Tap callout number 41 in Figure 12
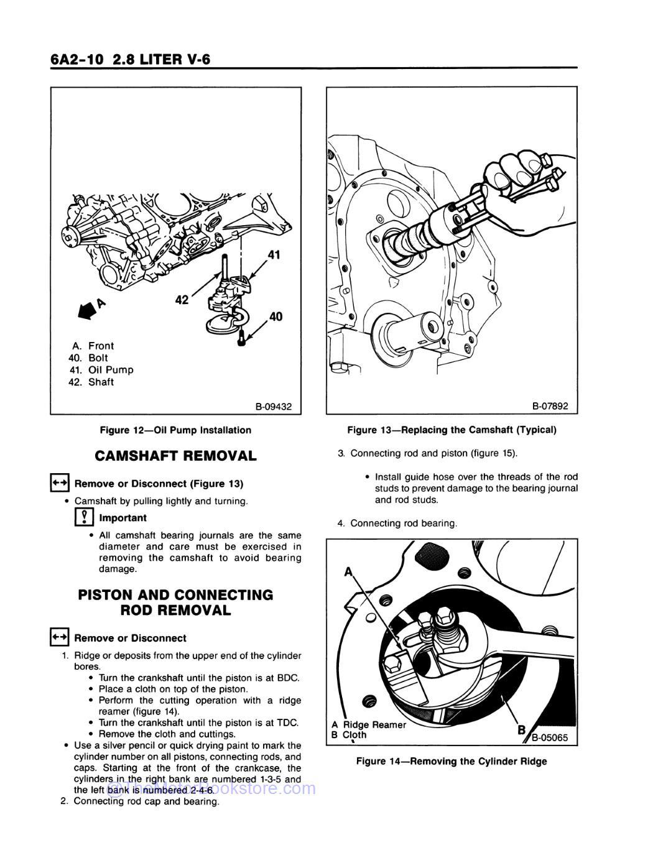[274, 254]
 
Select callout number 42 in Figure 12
[182, 300]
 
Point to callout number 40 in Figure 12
[276, 316]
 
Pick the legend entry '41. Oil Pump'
[101, 370]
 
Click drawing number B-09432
[273, 407]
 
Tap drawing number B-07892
[550, 407]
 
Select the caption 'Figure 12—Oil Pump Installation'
[175, 430]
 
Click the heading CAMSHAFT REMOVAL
[175, 456]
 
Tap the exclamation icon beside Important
[84, 517]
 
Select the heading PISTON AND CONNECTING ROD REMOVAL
[175, 603]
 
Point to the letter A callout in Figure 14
[348, 571]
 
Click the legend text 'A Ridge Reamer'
[369, 724]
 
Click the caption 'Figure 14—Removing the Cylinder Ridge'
[452, 761]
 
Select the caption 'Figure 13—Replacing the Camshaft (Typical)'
[452, 430]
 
